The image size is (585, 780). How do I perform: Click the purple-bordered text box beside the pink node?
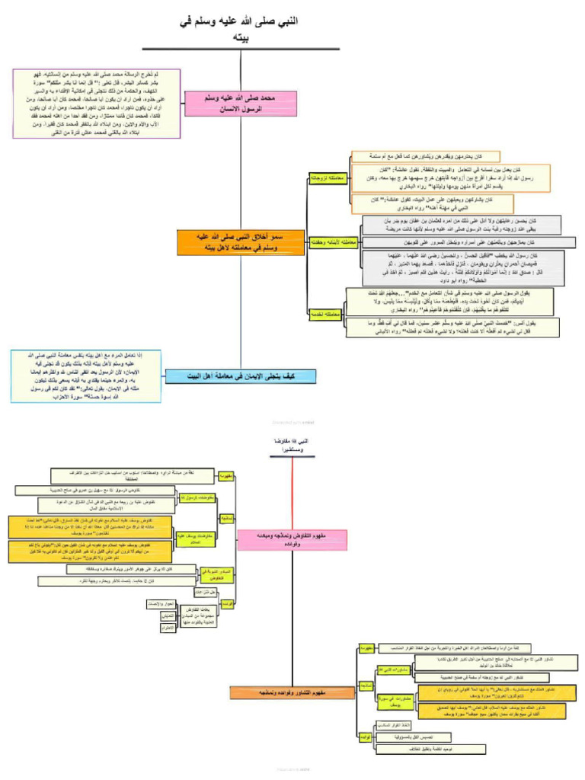pyautogui.click(x=96, y=103)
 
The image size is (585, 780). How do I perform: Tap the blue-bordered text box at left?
pyautogui.click(x=87, y=376)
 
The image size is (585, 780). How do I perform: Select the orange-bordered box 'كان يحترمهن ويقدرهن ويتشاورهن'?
pyautogui.click(x=425, y=156)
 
